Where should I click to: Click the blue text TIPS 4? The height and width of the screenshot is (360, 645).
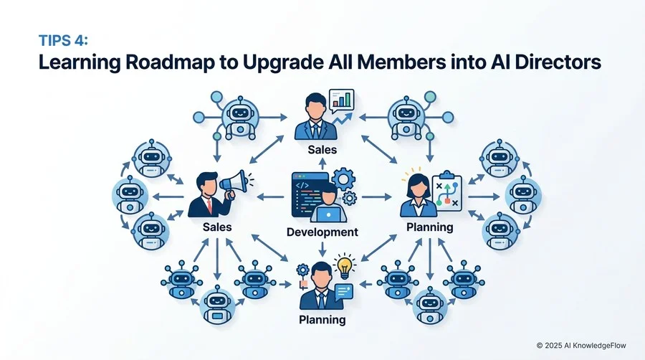tap(63, 40)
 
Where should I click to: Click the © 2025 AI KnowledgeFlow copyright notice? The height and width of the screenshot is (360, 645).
tap(581, 346)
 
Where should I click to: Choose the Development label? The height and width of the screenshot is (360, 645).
tap(322, 232)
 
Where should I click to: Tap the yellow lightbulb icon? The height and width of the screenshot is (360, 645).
tap(344, 266)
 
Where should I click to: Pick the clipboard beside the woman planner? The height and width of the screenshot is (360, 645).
tap(447, 192)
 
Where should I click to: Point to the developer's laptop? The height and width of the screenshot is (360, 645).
tap(328, 214)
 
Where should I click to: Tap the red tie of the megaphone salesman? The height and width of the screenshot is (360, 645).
tap(210, 206)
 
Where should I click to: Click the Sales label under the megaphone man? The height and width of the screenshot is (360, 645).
tap(217, 227)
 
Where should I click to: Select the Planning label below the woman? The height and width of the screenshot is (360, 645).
tap(429, 227)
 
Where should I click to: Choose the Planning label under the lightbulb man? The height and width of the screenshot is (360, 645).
tap(322, 320)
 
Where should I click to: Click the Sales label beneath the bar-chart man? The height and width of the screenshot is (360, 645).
tap(322, 150)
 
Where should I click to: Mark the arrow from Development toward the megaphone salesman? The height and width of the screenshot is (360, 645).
tap(271, 197)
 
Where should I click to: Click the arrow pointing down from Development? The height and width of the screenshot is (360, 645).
tap(322, 249)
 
